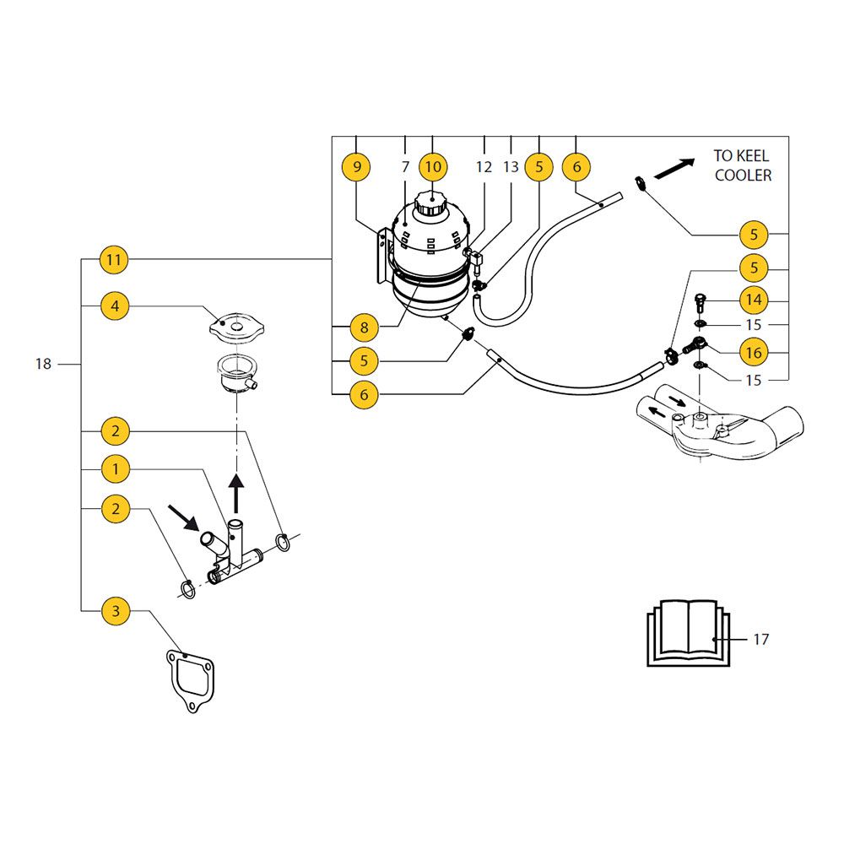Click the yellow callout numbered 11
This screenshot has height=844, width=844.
click(x=115, y=260)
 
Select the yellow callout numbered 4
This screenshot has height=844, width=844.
click(x=115, y=306)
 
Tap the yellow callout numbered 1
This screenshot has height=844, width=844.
click(x=115, y=468)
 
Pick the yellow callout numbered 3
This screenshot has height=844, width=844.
click(x=115, y=609)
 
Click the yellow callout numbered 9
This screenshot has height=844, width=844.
click(x=357, y=167)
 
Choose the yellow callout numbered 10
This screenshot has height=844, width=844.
click(x=432, y=167)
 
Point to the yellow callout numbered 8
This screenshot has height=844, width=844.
click(x=364, y=327)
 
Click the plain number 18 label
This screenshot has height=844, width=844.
click(x=43, y=364)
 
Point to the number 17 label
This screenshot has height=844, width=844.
click(x=760, y=639)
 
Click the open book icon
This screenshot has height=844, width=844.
click(x=685, y=633)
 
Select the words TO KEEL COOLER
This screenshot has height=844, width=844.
click(x=742, y=165)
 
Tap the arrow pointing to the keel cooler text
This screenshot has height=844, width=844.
click(x=674, y=170)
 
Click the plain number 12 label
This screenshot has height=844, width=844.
click(x=484, y=167)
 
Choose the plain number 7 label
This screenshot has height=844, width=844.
click(x=405, y=167)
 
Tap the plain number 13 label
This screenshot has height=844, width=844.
click(x=511, y=167)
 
